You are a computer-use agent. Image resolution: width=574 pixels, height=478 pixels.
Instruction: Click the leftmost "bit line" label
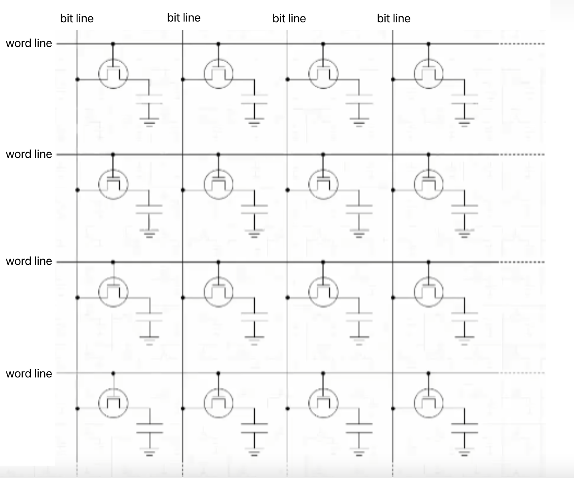click(77, 18)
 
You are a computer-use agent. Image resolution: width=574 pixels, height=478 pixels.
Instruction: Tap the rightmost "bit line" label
click(394, 18)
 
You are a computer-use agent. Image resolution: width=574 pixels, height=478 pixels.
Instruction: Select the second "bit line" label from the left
click(184, 18)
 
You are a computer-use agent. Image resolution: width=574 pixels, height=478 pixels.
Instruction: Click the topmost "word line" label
click(29, 43)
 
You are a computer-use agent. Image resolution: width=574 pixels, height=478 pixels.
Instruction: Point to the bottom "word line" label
click(29, 373)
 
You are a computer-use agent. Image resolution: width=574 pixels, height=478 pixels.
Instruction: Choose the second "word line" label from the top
click(29, 154)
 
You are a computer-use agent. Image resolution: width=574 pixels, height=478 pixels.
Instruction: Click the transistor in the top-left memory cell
click(113, 74)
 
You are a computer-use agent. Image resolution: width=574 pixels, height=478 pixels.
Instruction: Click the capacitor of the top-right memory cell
click(464, 99)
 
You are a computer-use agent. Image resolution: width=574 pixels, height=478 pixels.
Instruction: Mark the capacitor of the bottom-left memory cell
click(150, 428)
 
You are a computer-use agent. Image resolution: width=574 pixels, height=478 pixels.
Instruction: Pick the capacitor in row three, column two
click(254, 316)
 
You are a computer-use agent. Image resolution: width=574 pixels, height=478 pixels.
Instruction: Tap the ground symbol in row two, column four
click(464, 233)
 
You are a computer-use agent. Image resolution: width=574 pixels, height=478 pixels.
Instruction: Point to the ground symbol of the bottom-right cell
click(464, 453)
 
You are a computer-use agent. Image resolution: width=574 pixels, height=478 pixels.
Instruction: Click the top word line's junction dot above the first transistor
click(113, 43)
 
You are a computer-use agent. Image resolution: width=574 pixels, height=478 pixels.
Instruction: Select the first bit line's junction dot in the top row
click(77, 80)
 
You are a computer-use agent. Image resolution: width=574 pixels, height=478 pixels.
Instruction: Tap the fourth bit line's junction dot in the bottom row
click(393, 409)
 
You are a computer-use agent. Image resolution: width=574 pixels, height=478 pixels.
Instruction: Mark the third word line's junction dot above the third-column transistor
click(323, 262)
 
